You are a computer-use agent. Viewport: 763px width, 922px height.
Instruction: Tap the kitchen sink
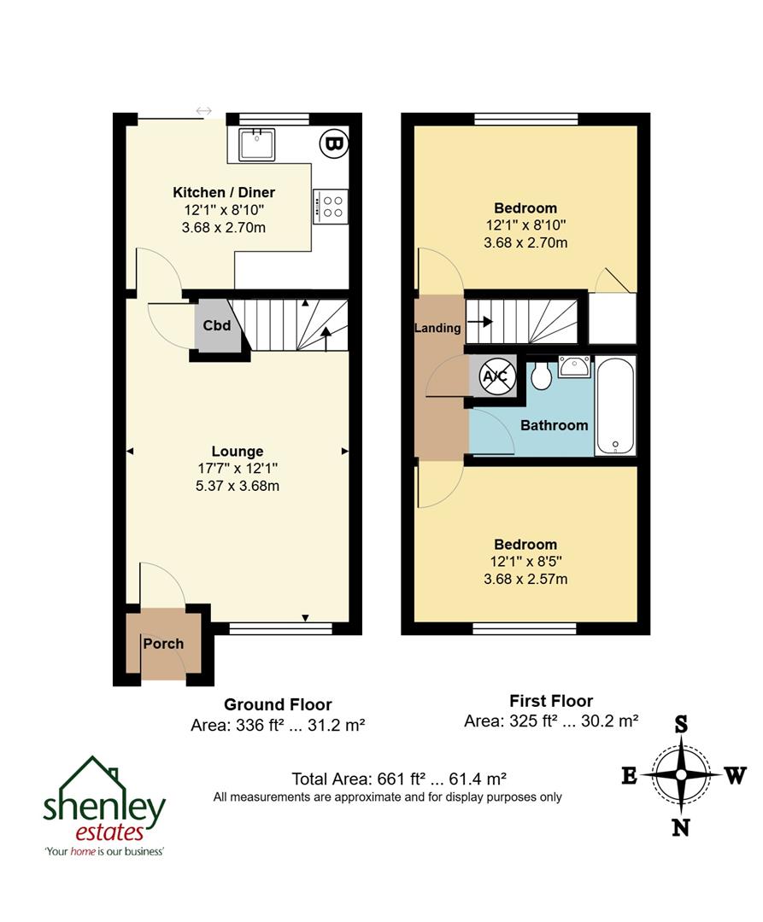(x=256, y=144)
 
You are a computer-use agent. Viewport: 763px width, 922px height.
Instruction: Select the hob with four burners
(x=331, y=207)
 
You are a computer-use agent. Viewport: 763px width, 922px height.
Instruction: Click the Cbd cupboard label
(x=216, y=325)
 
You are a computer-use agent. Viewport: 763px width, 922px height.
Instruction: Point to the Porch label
(x=163, y=644)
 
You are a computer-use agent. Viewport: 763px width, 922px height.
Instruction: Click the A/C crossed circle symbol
(x=496, y=376)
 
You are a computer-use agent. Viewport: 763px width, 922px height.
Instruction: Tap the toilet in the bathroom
(x=539, y=376)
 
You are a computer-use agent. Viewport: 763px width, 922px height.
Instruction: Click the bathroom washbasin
(x=573, y=368)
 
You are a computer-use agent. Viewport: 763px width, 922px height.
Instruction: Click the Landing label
(x=437, y=328)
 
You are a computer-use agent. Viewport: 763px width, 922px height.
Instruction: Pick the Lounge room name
(x=238, y=452)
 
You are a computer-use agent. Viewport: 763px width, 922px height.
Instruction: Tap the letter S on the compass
(x=681, y=725)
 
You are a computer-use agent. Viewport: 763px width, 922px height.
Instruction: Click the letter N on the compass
(x=681, y=827)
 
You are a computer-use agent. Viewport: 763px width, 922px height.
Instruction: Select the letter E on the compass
(x=629, y=776)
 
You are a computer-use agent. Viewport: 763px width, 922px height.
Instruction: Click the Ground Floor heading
(x=278, y=704)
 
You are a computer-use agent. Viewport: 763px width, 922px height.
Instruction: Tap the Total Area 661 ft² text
(x=399, y=779)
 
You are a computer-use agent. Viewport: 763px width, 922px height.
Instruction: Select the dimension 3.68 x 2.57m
(x=525, y=579)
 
